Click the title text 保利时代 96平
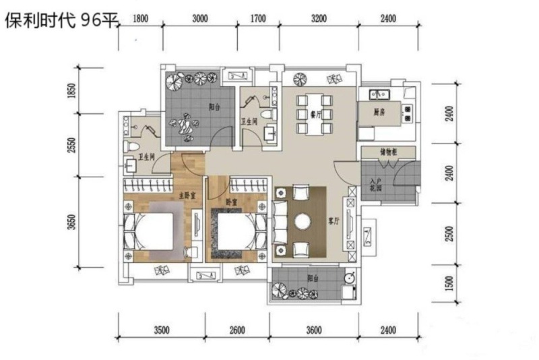pyautogui.click(x=61, y=20)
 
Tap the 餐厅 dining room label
pyautogui.click(x=314, y=115)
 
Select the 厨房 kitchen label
pyautogui.click(x=380, y=113)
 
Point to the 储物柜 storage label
pyautogui.click(x=389, y=153)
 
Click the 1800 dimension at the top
pyautogui.click(x=141, y=20)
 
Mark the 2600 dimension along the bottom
pyautogui.click(x=236, y=330)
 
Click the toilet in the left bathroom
pyautogui.click(x=131, y=144)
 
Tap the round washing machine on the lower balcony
pyautogui.click(x=349, y=277)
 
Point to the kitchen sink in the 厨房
pyautogui.click(x=375, y=94)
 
